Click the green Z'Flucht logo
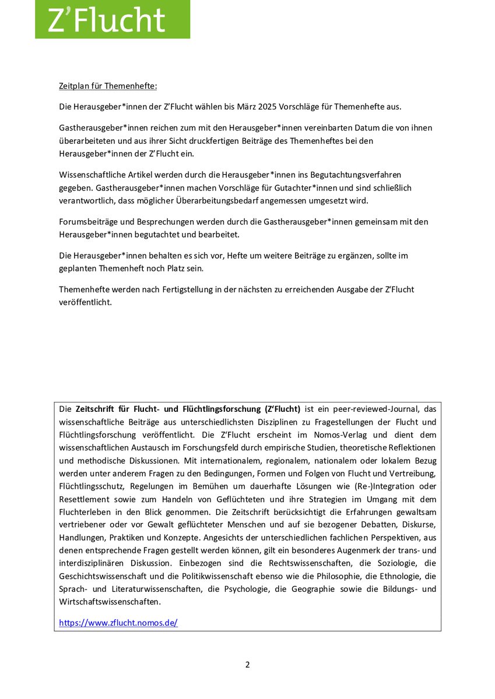coord(112,19)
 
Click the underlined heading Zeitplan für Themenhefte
coord(108,86)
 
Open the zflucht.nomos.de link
coord(118,623)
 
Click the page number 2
coord(247,665)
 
